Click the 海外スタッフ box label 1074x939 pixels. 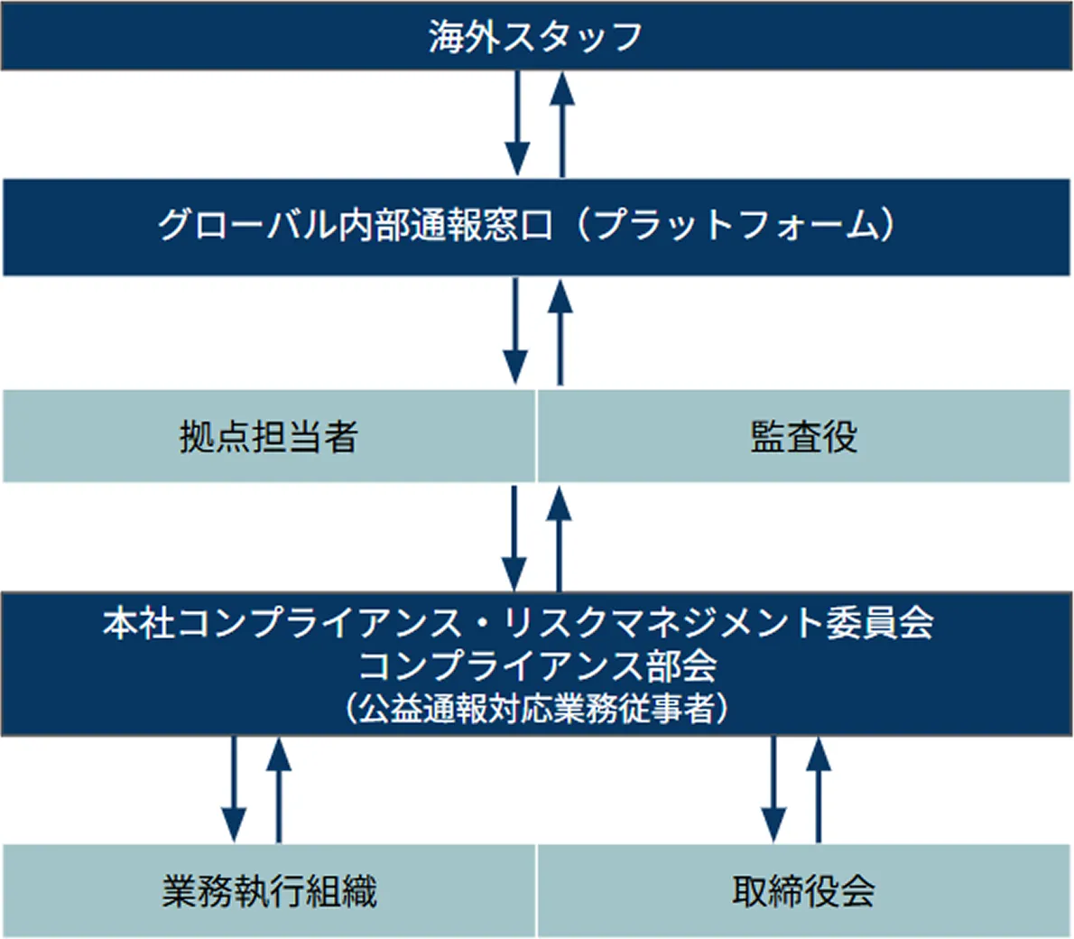(x=535, y=37)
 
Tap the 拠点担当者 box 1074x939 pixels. (x=269, y=437)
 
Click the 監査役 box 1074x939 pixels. (x=804, y=437)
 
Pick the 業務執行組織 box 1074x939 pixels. (x=269, y=891)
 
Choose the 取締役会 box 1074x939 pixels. (x=804, y=891)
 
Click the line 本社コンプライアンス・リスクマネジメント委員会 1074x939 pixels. (x=517, y=624)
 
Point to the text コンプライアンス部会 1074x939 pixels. (x=538, y=666)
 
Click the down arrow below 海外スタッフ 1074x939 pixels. (x=516, y=124)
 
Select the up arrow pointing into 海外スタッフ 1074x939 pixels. (x=562, y=124)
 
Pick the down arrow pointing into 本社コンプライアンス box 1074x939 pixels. (x=514, y=538)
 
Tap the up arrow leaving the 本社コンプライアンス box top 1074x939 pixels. (x=560, y=538)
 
